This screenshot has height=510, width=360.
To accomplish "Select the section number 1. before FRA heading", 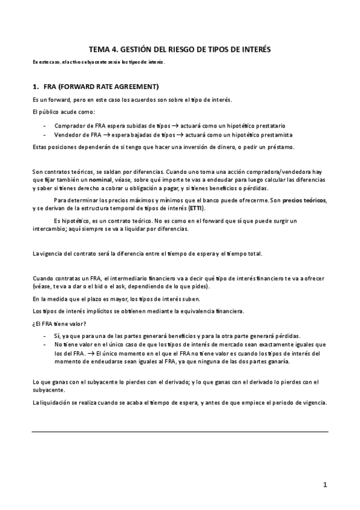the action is pos(35,86).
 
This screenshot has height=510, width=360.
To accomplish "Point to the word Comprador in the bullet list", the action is pos(69,125).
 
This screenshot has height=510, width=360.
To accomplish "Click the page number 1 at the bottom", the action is pos(324,484).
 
